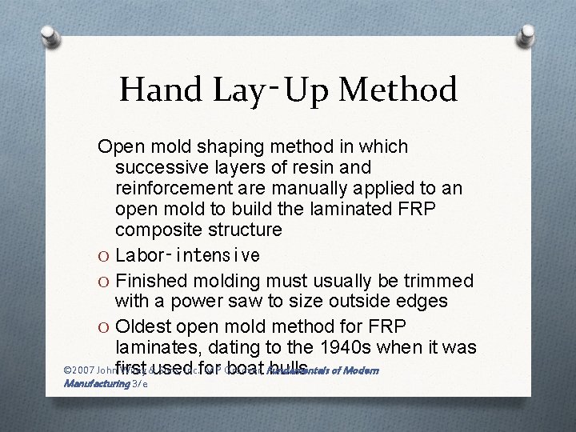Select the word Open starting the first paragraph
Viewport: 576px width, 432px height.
tap(118, 147)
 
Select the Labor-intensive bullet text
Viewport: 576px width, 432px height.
tap(187, 255)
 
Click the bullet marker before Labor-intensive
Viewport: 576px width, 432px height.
tap(103, 255)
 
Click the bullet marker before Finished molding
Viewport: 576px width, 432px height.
tap(103, 282)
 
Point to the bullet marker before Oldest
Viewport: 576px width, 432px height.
tap(103, 328)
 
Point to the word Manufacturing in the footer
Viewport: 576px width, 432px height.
tap(96, 385)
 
